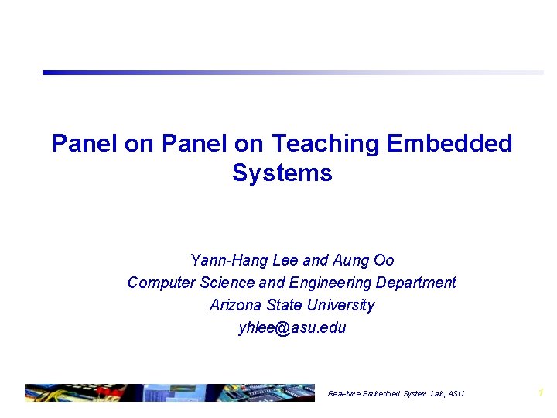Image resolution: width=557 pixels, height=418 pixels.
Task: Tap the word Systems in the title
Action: coord(282,173)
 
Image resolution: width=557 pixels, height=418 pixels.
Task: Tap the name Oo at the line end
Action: coord(384,260)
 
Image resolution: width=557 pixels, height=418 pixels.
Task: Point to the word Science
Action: coord(229,283)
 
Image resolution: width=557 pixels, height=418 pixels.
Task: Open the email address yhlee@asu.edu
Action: coord(292,327)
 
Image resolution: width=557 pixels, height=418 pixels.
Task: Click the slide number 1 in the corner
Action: coord(541,393)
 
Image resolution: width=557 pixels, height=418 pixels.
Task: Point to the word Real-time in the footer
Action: coord(344,394)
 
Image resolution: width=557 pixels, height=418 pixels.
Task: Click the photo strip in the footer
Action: coord(169,392)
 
